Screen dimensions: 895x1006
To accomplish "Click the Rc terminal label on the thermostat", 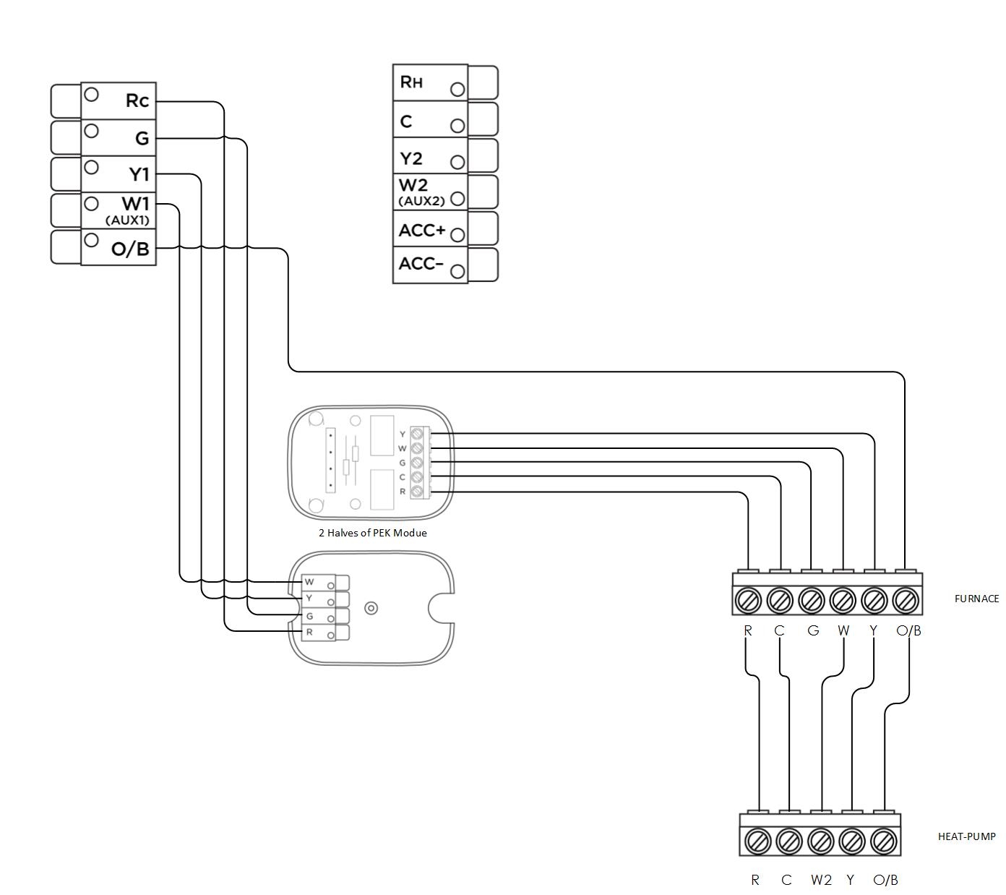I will (137, 100).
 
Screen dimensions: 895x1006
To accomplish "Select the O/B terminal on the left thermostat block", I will (130, 249).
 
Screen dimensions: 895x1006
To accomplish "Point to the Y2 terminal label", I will (411, 158).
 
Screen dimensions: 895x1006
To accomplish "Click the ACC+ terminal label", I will (422, 231).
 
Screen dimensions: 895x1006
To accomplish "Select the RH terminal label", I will (411, 82).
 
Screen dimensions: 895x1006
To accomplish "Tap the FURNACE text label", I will (976, 599).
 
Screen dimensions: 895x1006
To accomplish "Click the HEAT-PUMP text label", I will (966, 836).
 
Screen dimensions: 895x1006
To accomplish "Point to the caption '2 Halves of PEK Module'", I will (372, 533).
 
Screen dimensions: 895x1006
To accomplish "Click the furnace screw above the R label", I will (748, 600).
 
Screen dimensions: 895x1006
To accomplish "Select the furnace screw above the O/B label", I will (906, 600).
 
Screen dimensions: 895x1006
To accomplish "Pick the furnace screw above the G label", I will (811, 600).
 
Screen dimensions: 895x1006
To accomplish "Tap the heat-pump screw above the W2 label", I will (820, 842).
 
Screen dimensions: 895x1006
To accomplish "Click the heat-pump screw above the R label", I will (757, 842).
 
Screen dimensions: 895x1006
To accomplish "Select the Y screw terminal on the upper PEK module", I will (416, 434).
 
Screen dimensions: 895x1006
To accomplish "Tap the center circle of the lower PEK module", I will (371, 608).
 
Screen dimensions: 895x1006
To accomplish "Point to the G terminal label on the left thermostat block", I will (142, 138).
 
